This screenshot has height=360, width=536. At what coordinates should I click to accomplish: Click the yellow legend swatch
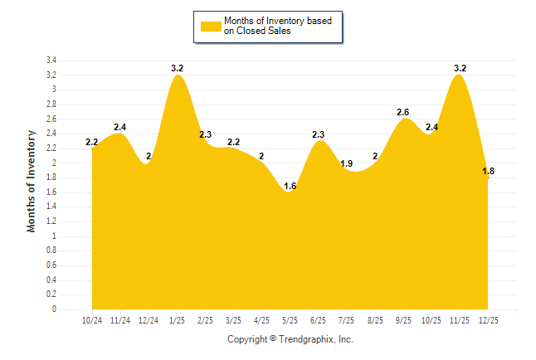[x=211, y=26]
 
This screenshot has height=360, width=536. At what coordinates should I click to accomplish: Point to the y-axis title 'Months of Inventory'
[x=32, y=180]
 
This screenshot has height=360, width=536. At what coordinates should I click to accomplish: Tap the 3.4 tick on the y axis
[x=51, y=61]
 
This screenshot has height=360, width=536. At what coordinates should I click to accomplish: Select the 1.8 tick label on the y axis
[x=51, y=178]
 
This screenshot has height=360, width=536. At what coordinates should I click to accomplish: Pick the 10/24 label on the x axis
[x=92, y=320]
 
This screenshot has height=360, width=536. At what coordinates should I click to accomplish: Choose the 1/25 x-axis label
[x=177, y=320]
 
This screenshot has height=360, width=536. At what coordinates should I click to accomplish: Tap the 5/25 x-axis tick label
[x=290, y=320]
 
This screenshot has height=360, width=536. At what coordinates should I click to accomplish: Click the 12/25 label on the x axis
[x=488, y=320]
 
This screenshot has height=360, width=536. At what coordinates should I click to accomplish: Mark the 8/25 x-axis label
[x=375, y=320]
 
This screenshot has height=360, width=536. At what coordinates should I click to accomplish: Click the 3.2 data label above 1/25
[x=177, y=68]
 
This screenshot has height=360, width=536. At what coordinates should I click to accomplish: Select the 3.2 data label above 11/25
[x=460, y=68]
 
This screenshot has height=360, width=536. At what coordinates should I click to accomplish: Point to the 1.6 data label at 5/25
[x=290, y=186]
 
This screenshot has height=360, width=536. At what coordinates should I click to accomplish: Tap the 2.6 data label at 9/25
[x=403, y=112]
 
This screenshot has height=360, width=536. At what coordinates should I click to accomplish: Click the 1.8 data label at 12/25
[x=488, y=171]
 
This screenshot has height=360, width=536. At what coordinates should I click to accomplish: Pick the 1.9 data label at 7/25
[x=347, y=163]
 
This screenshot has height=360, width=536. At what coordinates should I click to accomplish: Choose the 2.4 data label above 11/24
[x=120, y=127]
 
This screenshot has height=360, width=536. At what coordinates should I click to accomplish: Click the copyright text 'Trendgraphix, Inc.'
[x=316, y=339]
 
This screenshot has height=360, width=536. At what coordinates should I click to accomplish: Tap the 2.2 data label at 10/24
[x=92, y=142]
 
